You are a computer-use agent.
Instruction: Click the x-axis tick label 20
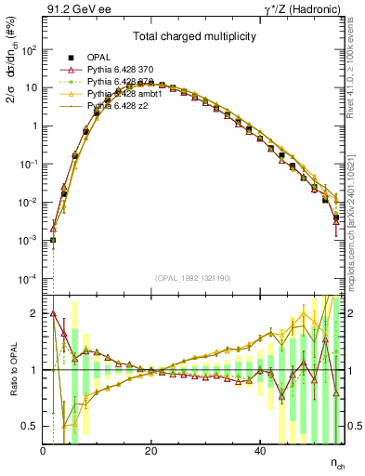pyautogui.click(x=151, y=450)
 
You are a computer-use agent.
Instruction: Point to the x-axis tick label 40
pyautogui.click(x=259, y=450)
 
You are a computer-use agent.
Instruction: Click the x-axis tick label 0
pyautogui.click(x=44, y=450)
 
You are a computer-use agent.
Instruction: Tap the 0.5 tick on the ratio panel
pyautogui.click(x=33, y=427)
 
